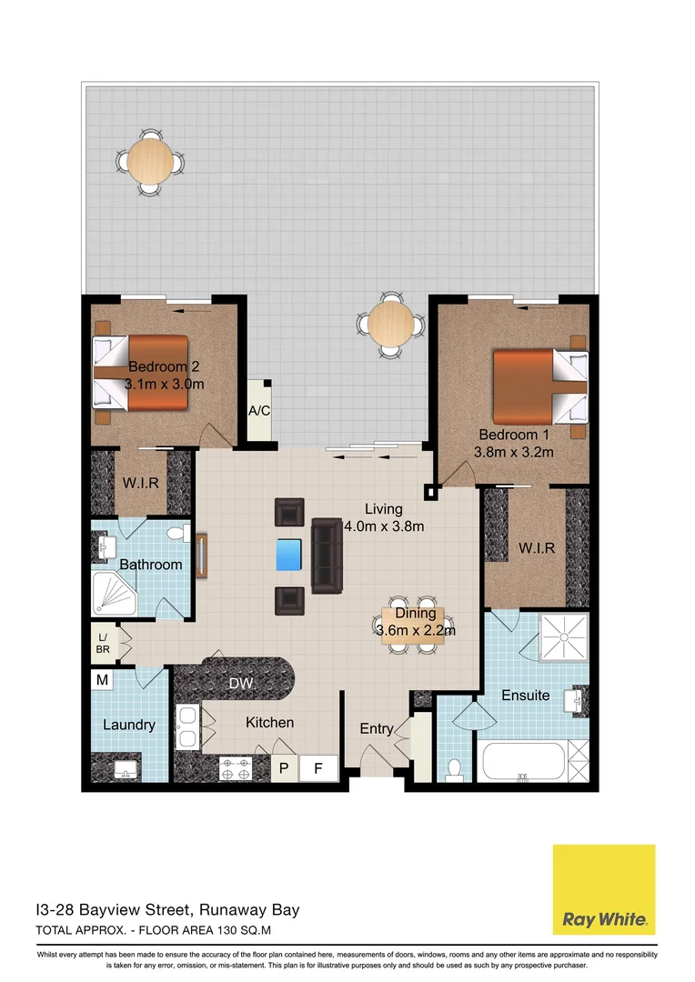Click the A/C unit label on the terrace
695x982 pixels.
260,410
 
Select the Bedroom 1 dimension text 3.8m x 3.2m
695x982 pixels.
514,451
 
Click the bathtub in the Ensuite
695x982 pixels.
523,760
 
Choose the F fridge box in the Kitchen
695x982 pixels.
318,768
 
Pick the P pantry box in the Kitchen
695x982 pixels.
285,768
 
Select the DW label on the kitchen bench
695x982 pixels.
241,682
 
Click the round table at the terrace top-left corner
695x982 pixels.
150,162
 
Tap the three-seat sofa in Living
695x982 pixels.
325,556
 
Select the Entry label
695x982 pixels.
377,728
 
